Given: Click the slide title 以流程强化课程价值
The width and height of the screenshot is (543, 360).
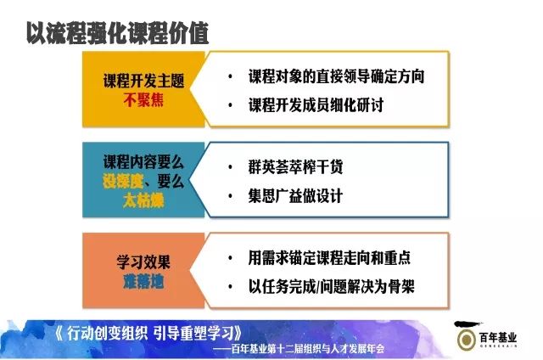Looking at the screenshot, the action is [x=118, y=33].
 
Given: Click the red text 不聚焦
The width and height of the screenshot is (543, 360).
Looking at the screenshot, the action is [x=143, y=100].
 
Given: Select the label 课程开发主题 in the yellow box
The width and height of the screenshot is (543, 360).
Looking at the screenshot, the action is [x=143, y=81].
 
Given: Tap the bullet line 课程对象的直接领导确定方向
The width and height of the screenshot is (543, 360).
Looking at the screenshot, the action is [x=336, y=76].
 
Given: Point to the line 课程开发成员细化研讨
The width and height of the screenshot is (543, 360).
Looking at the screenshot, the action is [x=316, y=105].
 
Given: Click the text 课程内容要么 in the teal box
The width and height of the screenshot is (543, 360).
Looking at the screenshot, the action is [x=143, y=162].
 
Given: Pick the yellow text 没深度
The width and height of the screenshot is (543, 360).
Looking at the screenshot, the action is [x=123, y=181].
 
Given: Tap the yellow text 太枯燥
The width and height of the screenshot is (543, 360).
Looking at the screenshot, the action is [x=143, y=200].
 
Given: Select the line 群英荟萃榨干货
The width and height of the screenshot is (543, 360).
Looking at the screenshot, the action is [x=295, y=167].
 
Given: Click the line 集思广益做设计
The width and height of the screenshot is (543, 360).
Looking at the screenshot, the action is [x=295, y=196].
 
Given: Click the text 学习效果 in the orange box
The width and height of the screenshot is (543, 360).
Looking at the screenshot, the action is [x=143, y=262].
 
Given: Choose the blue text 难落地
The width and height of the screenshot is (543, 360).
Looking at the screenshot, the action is [x=143, y=282].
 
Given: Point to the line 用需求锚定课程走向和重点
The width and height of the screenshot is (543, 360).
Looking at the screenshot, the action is [x=329, y=258].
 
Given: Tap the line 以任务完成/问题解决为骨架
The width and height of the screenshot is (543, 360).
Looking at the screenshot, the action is [x=331, y=287].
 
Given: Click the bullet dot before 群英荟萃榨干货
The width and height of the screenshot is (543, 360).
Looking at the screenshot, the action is [x=230, y=168].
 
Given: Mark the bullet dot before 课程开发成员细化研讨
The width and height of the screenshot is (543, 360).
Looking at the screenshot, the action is [x=230, y=105].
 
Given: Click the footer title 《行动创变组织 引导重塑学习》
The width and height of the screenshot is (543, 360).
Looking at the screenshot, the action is [x=148, y=334].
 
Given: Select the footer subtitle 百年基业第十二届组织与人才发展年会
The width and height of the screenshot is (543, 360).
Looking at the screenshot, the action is [x=307, y=349].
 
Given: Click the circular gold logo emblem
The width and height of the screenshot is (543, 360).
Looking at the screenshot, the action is [x=466, y=340].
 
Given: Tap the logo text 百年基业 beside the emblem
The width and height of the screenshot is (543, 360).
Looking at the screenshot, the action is [x=498, y=337].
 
